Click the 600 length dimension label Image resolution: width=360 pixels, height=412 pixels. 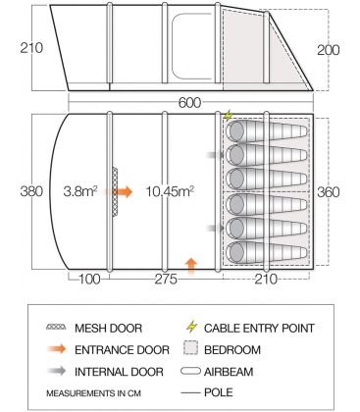(189, 103)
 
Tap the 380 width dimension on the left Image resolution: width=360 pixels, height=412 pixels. (31, 191)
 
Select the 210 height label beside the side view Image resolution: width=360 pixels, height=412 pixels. (31, 48)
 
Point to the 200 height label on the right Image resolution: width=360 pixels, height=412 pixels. (329, 50)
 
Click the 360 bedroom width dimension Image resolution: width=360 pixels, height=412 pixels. (329, 192)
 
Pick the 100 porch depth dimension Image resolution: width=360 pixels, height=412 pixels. (89, 279)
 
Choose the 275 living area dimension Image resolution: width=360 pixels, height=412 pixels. (166, 279)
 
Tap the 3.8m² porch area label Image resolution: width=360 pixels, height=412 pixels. (80, 191)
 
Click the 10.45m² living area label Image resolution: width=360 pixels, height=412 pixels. (170, 191)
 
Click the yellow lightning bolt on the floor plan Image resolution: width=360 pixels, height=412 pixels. (228, 116)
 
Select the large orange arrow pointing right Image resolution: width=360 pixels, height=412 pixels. (123, 192)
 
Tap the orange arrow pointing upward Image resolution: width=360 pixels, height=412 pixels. (191, 265)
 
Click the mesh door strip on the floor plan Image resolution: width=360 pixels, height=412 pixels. (115, 191)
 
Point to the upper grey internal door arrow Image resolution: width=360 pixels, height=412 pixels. (216, 155)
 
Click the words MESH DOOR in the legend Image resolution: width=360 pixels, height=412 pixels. (108, 328)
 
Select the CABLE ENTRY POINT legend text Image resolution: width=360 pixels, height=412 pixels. (259, 328)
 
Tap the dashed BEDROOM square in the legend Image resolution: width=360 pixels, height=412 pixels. (191, 348)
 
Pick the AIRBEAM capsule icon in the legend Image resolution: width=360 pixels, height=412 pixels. (190, 371)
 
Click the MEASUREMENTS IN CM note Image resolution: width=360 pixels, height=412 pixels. (93, 393)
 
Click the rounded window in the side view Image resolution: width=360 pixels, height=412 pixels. (192, 46)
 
